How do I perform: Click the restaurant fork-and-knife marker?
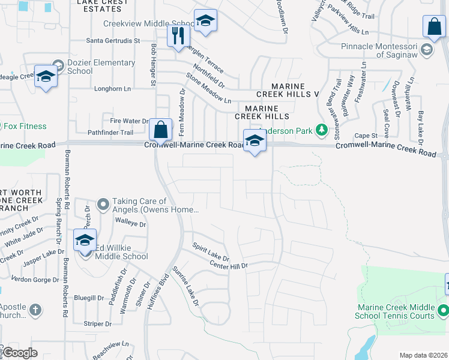[176, 35]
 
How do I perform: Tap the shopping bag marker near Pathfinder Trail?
[161, 129]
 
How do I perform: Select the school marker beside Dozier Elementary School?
[46, 76]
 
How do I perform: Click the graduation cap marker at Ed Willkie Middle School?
[85, 240]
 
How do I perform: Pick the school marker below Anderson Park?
[255, 140]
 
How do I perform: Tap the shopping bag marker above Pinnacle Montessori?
[434, 26]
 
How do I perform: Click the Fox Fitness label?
[25, 127]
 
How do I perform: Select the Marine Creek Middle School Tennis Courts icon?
[443, 310]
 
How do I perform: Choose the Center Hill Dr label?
[228, 264]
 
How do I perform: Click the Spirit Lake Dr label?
[211, 251]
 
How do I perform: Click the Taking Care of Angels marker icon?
[103, 205]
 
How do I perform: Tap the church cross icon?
[35, 310]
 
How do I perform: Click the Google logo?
[21, 353]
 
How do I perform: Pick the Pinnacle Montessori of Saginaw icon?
[427, 49]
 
